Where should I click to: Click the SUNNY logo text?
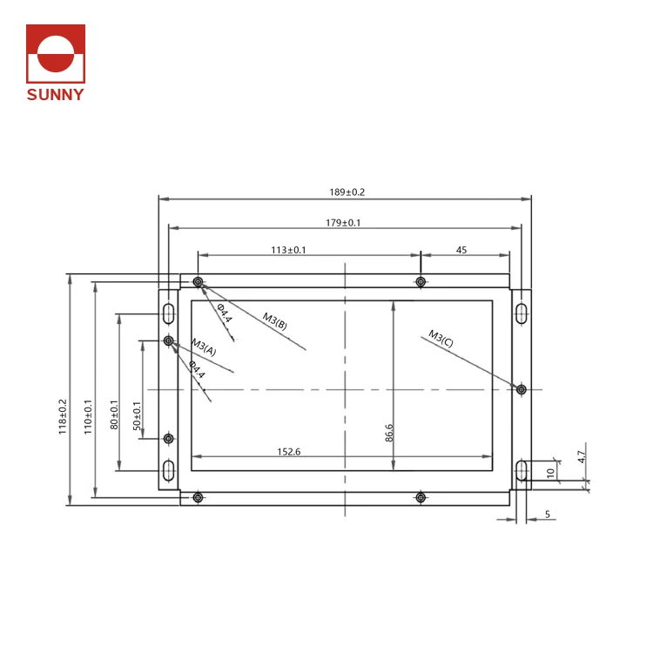coord(56,95)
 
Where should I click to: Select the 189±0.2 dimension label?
coord(346,192)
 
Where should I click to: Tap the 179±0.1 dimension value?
coord(343,223)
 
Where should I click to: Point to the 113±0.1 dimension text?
coord(288,250)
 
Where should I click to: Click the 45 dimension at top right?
coord(461,250)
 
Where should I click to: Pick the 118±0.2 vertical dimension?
coord(63,416)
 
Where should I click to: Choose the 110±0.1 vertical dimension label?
coord(88,416)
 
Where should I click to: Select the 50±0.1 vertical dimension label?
coord(137,416)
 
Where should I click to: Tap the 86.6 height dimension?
coord(388,434)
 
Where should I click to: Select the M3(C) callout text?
coord(441,338)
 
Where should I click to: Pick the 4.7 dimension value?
coord(581,454)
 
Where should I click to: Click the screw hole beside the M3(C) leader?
coord(521,389)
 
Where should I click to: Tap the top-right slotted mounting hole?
coord(520,312)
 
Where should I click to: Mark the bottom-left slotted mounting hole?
coord(168,471)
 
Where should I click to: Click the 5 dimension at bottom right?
coord(548,515)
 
